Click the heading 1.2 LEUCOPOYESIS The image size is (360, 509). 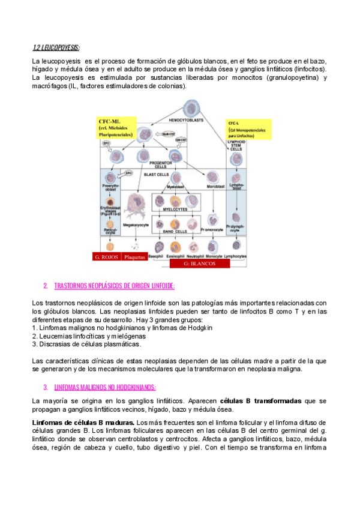[56, 48]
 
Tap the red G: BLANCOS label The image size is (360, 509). [199, 263]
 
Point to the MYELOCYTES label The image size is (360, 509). [175, 211]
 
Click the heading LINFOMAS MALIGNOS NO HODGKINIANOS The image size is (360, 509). [105, 387]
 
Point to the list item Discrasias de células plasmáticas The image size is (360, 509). [87, 345]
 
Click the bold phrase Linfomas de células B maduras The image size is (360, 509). [83, 423]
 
